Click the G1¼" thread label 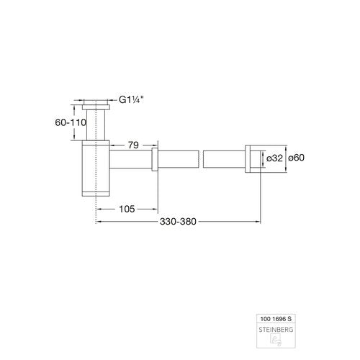click(x=131, y=99)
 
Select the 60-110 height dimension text click(x=71, y=122)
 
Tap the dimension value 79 click(x=133, y=145)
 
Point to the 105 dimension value click(x=127, y=209)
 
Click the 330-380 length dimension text click(x=178, y=222)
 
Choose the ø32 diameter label click(x=274, y=158)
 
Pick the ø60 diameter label click(x=296, y=158)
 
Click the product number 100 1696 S click(x=276, y=319)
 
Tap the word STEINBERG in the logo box click(x=276, y=330)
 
